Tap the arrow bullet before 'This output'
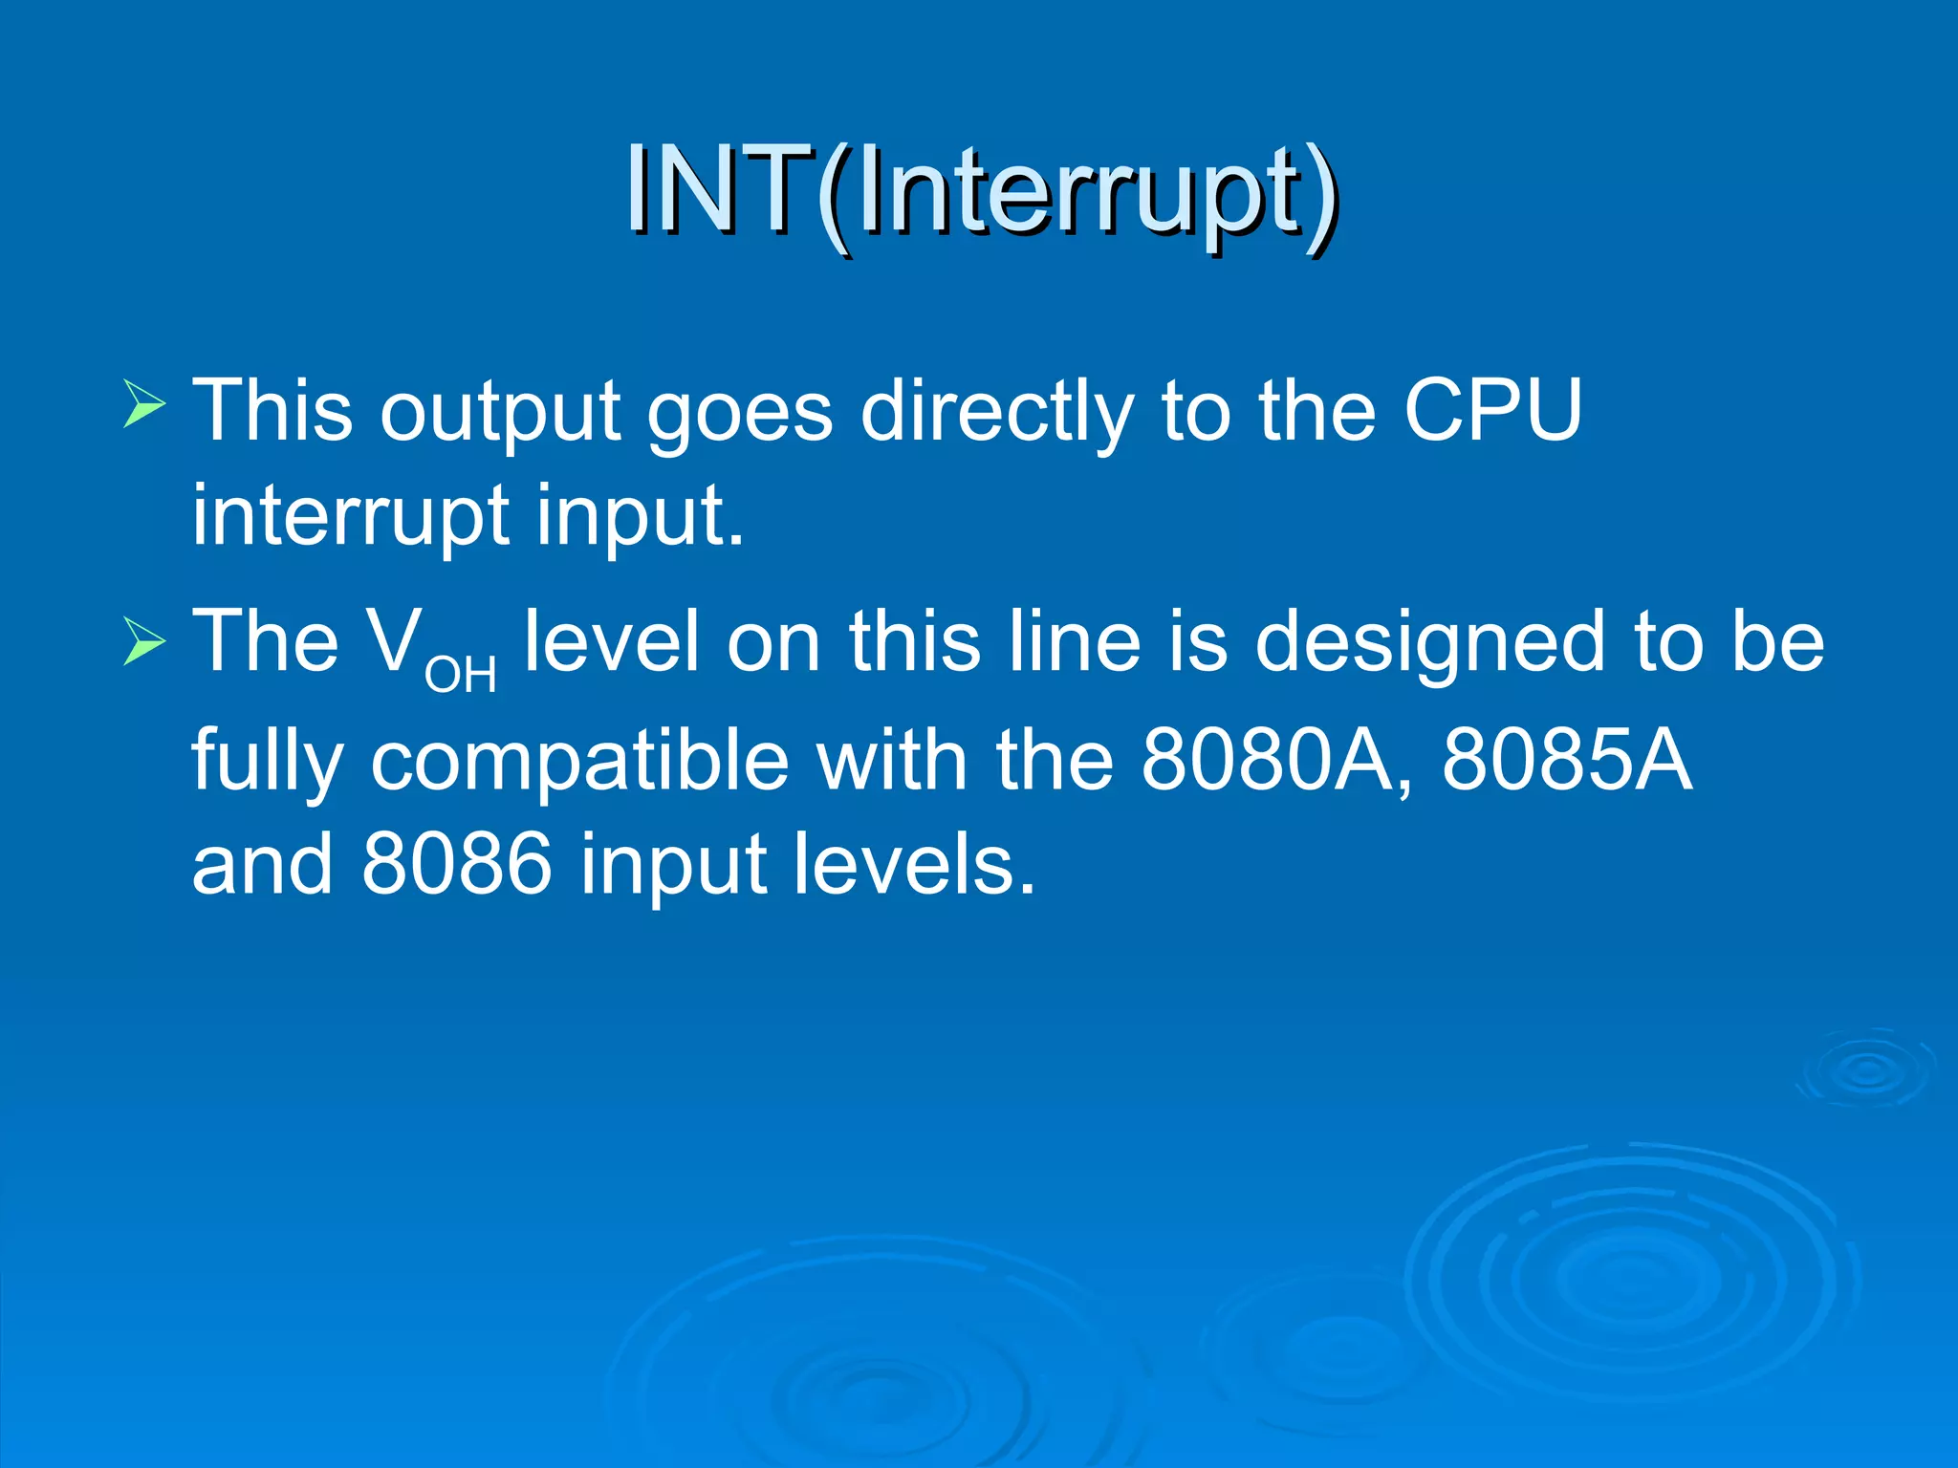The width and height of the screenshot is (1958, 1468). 144,403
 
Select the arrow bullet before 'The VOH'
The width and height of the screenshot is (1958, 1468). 144,639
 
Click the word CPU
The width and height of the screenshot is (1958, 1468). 1492,411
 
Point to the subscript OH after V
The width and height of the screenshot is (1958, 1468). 461,676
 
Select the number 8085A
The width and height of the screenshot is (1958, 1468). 1567,760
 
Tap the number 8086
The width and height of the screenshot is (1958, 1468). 457,863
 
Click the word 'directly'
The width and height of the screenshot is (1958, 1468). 997,413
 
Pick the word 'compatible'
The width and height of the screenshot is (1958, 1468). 580,762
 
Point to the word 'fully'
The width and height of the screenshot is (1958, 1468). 268,762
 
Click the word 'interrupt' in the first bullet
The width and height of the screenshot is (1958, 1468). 350,516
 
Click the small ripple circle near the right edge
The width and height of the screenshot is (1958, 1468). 1865,1069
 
